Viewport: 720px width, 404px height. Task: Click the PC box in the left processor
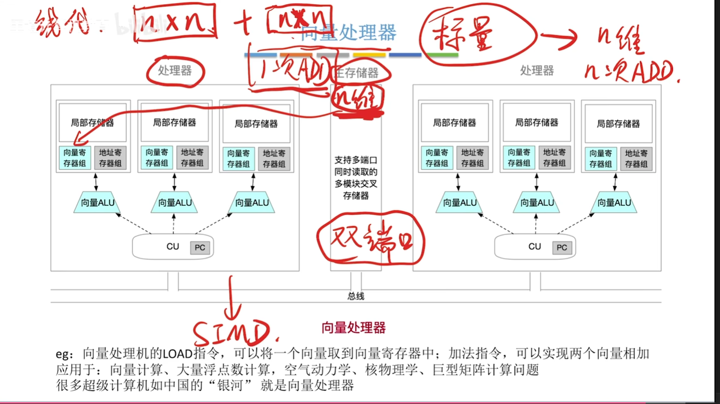tap(200, 247)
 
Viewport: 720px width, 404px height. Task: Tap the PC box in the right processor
tap(562, 247)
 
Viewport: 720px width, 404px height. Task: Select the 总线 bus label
tap(356, 296)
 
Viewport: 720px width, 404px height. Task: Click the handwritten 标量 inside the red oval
tap(463, 34)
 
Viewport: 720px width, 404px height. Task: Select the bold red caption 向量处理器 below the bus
tap(353, 328)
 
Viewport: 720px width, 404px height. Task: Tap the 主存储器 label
tap(357, 72)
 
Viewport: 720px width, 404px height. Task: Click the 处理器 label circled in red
tap(175, 71)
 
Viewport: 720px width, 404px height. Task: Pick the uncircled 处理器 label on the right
tap(536, 71)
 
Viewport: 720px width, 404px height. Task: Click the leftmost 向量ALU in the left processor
tap(97, 202)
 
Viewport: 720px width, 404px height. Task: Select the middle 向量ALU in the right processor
tap(536, 202)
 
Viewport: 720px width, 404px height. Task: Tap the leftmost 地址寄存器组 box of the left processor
tap(110, 158)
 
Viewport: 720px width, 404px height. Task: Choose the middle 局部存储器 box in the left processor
tap(174, 123)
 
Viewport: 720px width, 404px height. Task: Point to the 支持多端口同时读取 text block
tap(356, 177)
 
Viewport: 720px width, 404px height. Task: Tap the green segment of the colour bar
tap(442, 55)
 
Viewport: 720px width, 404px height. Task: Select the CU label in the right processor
tap(534, 247)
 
